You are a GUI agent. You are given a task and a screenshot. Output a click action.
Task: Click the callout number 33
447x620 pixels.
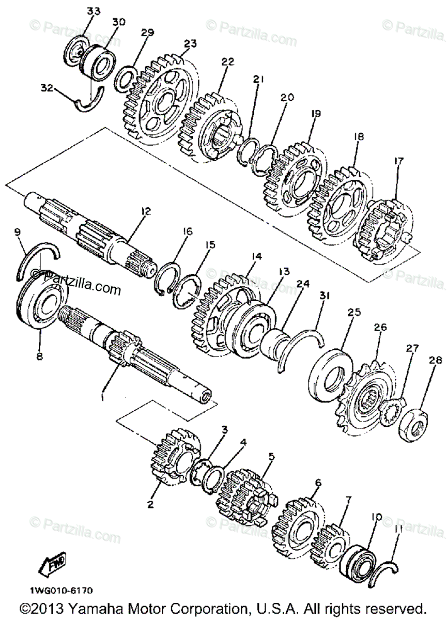coord(93,11)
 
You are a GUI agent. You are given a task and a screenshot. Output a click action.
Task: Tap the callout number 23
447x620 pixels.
coord(191,44)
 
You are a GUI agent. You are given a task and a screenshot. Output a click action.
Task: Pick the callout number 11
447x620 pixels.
coord(398,530)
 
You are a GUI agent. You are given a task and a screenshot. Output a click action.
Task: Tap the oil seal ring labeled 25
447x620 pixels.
coord(329,375)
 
